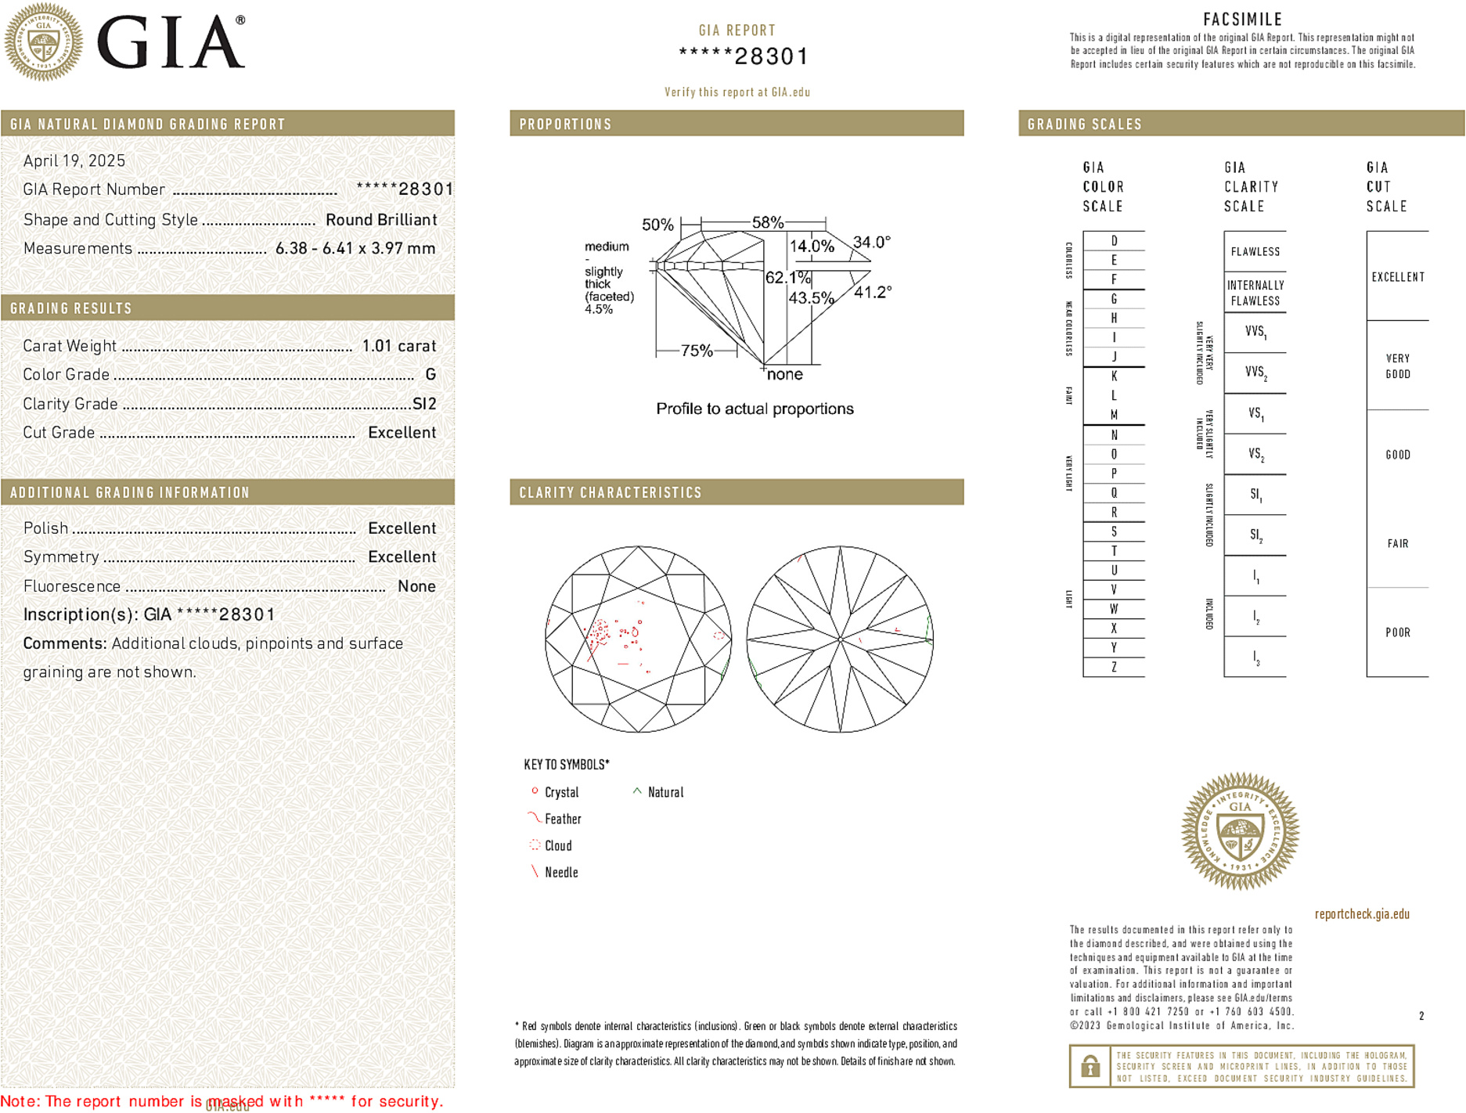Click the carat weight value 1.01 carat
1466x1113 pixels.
coord(398,346)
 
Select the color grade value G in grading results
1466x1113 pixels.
coord(430,375)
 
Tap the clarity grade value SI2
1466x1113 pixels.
coord(424,404)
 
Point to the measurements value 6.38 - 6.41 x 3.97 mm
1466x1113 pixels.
coord(355,249)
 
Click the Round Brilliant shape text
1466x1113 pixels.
coord(381,220)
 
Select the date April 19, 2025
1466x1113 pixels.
coord(74,161)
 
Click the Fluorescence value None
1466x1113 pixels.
coord(416,586)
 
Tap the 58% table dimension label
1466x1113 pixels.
coord(767,222)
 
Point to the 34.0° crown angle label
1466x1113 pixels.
coord(871,243)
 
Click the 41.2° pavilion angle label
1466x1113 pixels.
coord(872,293)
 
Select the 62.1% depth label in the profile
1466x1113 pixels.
coord(787,278)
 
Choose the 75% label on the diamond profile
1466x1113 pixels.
coord(696,351)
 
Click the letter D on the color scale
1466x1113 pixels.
coord(1114,241)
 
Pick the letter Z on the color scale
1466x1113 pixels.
coord(1114,668)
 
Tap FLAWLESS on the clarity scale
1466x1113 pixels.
coord(1255,252)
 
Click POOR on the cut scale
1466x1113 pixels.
coord(1397,632)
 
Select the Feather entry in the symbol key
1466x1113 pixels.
coord(562,819)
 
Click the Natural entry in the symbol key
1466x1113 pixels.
coord(665,793)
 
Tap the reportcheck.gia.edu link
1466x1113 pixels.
coord(1361,914)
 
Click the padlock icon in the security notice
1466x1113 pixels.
coord(1090,1066)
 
